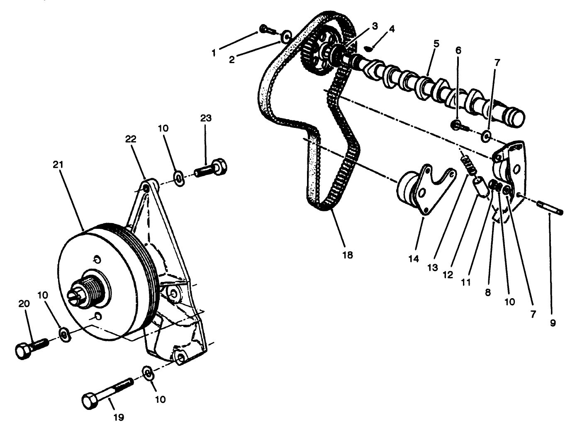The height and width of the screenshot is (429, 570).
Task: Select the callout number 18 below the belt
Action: [348, 255]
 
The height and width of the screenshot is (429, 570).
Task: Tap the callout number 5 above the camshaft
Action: [436, 43]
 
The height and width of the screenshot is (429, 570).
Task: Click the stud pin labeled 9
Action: [551, 208]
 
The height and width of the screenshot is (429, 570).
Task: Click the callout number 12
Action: [448, 275]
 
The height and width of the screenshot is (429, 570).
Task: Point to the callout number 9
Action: [552, 323]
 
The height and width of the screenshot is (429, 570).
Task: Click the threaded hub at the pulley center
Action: [83, 289]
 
